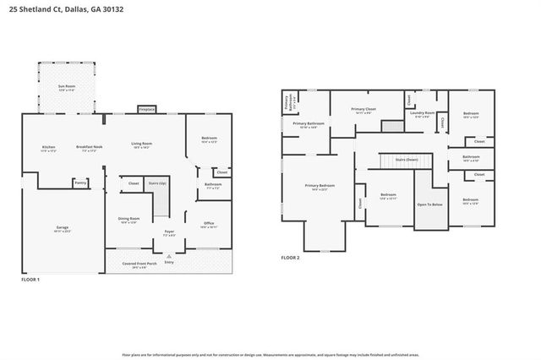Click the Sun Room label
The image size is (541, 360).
click(x=66, y=88)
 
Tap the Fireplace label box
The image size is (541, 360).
click(x=146, y=109)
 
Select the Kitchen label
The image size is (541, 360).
click(x=48, y=148)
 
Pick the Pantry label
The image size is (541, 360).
click(x=80, y=182)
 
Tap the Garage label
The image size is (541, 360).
click(x=62, y=228)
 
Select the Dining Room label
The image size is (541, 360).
click(x=129, y=220)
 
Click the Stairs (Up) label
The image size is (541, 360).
click(x=157, y=182)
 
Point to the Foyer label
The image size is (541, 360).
click(x=170, y=232)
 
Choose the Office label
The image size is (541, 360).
click(x=210, y=224)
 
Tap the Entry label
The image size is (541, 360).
click(x=169, y=261)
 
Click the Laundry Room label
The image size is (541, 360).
click(x=423, y=113)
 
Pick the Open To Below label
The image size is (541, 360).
click(x=429, y=205)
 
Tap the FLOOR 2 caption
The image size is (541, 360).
click(x=290, y=257)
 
